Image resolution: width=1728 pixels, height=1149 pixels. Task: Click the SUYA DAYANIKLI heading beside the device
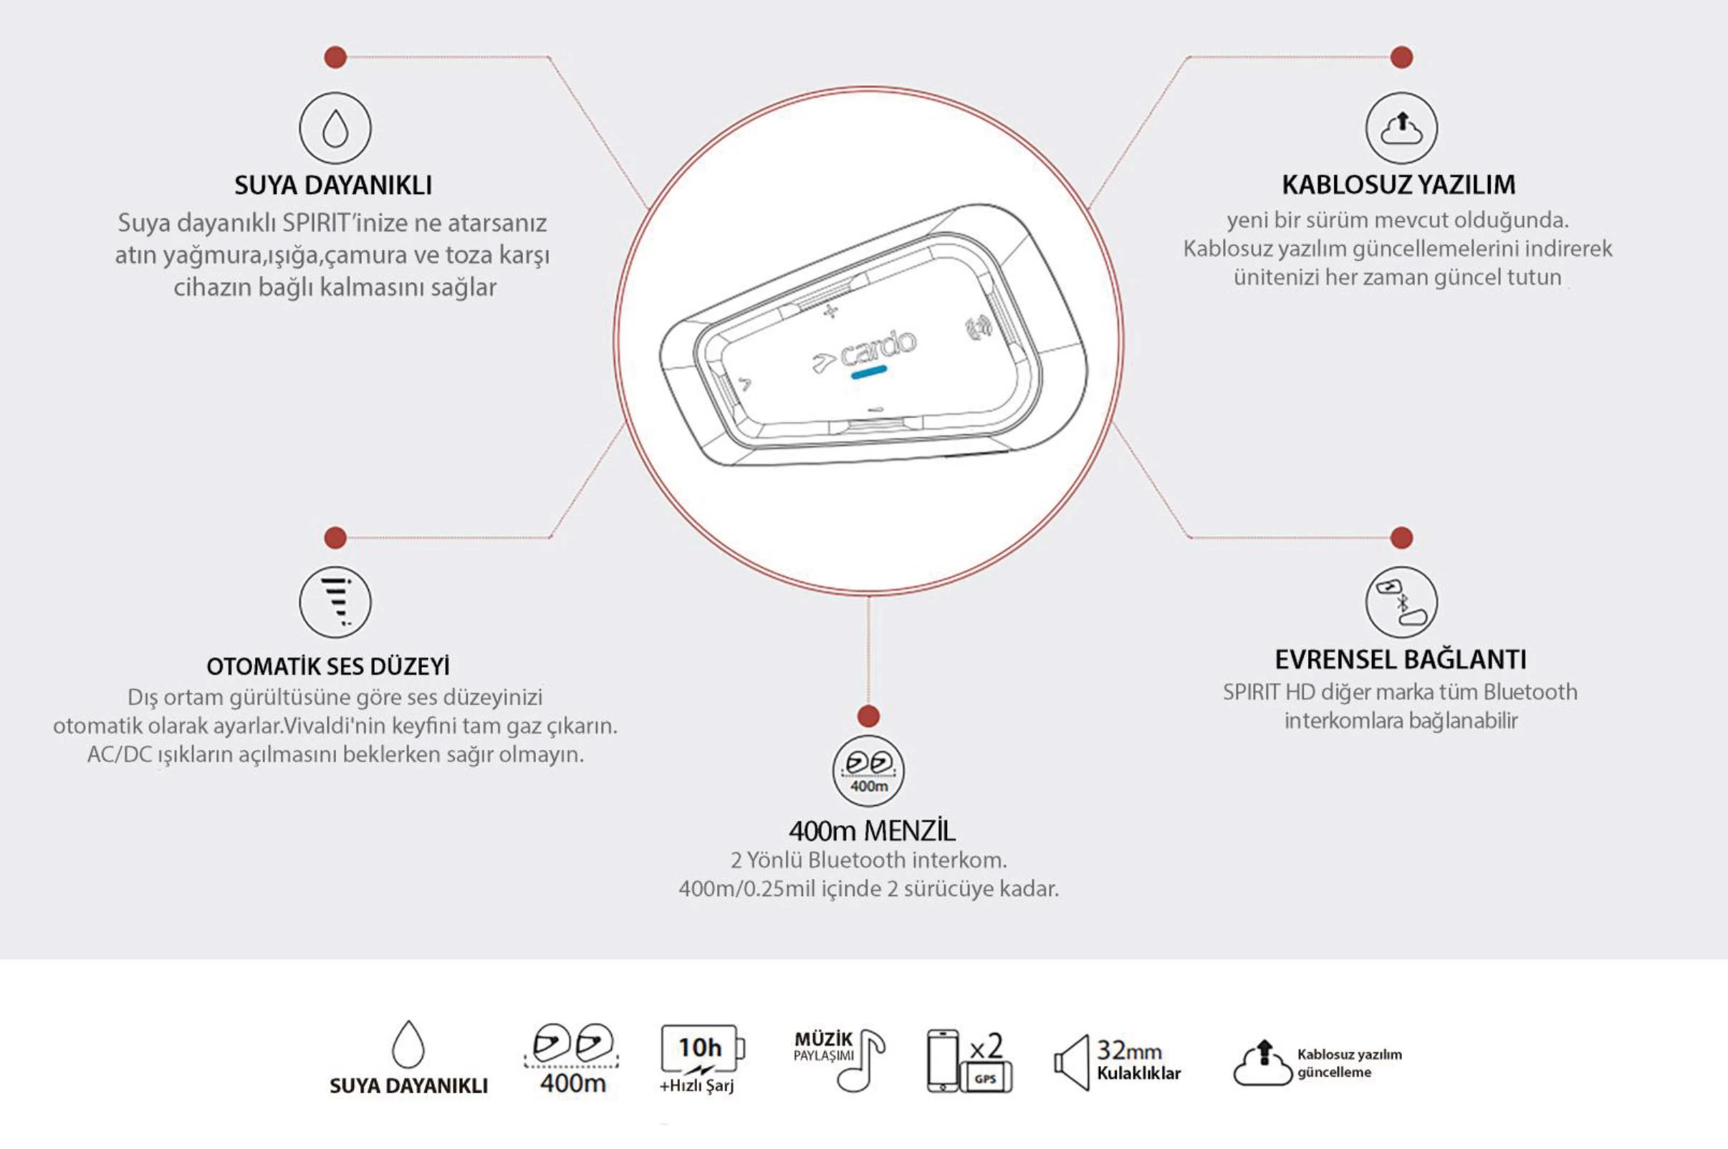coord(333,185)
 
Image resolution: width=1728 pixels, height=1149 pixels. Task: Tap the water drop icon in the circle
coord(335,128)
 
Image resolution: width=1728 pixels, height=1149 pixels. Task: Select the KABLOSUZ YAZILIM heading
coord(1398,185)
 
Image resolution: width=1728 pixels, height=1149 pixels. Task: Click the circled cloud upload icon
coord(1401,128)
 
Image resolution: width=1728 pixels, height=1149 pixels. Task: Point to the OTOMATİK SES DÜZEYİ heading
coord(328,666)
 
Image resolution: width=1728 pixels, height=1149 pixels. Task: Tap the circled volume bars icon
coord(335,602)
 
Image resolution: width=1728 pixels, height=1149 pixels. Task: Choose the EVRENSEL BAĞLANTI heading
coord(1401,660)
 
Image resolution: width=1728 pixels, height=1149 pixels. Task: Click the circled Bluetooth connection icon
coord(1401,602)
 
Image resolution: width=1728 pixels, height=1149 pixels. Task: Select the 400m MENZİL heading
coord(872,831)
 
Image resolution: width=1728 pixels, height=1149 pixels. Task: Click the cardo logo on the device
coord(865,350)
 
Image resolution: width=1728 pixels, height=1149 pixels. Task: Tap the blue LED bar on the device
coord(869,373)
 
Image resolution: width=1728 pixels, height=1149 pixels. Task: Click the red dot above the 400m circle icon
coord(868,716)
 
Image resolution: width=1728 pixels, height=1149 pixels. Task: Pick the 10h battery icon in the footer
coord(702,1048)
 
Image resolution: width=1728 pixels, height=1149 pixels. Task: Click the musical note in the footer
coord(865,1061)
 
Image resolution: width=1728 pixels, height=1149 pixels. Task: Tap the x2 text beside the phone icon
coord(987,1047)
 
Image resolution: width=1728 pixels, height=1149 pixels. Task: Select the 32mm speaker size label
coord(1128,1051)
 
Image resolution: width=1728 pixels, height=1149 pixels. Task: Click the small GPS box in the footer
coord(986,1079)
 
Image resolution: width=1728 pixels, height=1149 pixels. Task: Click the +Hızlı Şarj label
coord(696,1085)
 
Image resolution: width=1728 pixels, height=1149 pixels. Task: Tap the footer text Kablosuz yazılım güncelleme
coord(1348,1062)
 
